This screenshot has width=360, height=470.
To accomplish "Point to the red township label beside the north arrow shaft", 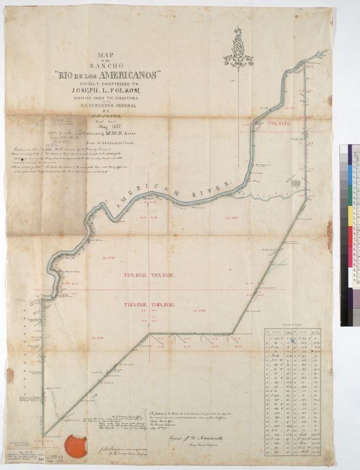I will tap(279, 125).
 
